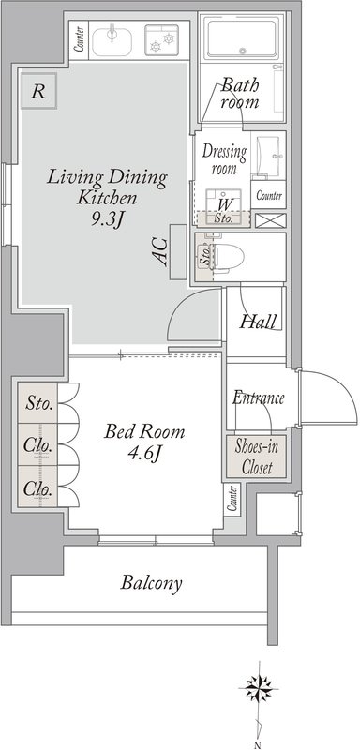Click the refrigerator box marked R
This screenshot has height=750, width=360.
[x=38, y=91]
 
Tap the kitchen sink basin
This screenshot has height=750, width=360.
[x=112, y=41]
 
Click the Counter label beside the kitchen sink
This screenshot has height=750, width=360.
[x=80, y=39]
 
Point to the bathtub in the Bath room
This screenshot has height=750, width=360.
[x=241, y=37]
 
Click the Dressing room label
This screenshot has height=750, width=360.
[x=224, y=159]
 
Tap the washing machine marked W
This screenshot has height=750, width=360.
[x=223, y=203]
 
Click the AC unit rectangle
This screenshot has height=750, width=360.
[x=178, y=251]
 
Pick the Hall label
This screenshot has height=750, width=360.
[x=258, y=322]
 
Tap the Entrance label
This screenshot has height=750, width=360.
[x=259, y=397]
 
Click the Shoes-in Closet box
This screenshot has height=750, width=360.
[x=256, y=457]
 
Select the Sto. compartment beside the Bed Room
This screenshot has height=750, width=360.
[x=38, y=403]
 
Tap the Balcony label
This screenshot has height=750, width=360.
[x=151, y=583]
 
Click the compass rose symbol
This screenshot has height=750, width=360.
[x=258, y=689]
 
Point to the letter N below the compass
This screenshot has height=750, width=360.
[x=257, y=744]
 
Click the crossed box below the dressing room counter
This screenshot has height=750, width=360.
[x=271, y=220]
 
